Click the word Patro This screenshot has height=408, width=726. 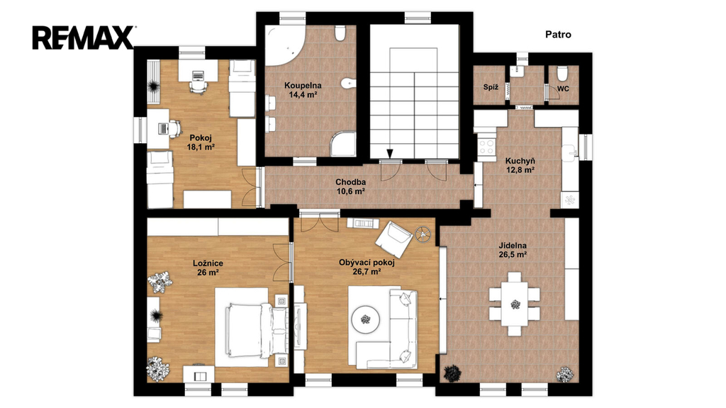(558, 34)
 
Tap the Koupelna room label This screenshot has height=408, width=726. (303, 85)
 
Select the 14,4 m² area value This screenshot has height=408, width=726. (303, 95)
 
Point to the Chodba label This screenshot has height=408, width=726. (350, 182)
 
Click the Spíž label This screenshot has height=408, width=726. (491, 87)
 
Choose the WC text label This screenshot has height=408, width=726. (563, 89)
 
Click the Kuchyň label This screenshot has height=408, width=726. (520, 161)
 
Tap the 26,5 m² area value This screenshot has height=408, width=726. (513, 254)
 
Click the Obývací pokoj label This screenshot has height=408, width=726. (367, 263)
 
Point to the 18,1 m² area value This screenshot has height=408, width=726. (201, 147)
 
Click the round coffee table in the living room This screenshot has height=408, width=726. (367, 319)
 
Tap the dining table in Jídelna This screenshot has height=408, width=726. (515, 305)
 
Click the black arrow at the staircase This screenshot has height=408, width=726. (390, 154)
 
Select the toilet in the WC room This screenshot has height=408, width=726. (562, 73)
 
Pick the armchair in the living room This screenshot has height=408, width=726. (393, 239)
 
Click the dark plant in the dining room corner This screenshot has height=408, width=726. (452, 373)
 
